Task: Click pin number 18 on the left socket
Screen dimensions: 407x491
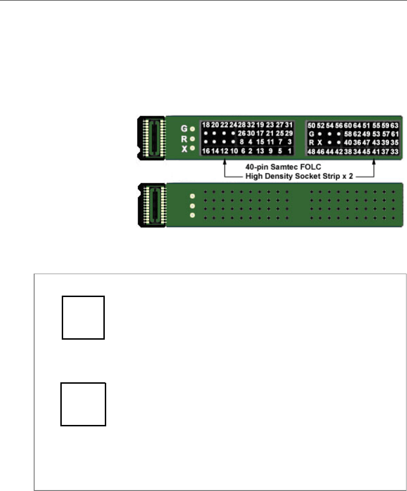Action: click(206, 125)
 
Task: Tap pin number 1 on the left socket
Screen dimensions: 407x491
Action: click(290, 150)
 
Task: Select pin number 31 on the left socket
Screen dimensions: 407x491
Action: click(290, 125)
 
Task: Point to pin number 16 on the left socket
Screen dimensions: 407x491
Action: click(206, 150)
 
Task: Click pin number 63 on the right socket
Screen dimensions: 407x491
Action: click(394, 125)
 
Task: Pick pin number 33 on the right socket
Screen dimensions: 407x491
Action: click(394, 151)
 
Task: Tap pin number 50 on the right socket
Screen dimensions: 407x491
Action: click(310, 125)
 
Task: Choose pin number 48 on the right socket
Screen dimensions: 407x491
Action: click(310, 151)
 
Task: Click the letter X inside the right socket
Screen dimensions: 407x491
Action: click(320, 142)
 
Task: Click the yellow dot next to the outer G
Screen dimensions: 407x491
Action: click(192, 128)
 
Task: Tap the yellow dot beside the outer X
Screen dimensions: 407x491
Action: click(192, 147)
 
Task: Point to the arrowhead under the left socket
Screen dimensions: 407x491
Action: click(225, 163)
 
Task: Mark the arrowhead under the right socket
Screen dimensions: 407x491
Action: click(374, 163)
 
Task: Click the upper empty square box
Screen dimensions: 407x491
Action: click(83, 317)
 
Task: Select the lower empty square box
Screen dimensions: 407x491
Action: click(83, 404)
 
